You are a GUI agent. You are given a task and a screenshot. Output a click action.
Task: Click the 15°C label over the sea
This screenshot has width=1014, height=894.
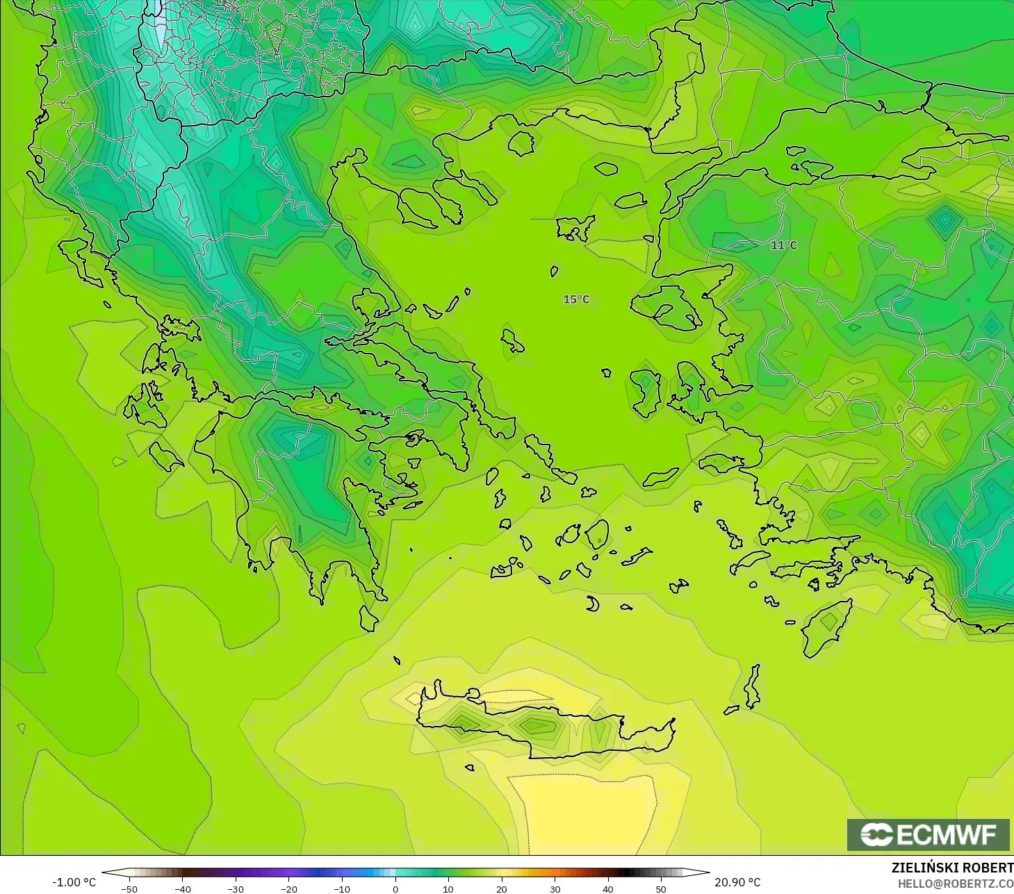(576, 299)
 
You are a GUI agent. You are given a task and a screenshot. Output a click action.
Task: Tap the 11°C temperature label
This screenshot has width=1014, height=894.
(784, 245)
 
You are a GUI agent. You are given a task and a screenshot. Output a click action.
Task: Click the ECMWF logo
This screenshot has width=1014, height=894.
(928, 834)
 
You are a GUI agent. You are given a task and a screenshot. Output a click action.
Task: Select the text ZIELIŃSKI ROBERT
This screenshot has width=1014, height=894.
(952, 868)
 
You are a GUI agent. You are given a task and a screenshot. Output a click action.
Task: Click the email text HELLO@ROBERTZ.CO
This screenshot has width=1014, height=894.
(955, 884)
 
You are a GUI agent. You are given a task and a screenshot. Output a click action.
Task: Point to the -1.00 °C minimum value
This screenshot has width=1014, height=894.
(74, 882)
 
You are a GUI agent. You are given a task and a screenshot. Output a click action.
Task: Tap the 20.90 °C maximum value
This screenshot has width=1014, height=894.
(737, 882)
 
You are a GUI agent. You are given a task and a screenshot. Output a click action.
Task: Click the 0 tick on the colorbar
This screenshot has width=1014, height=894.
(395, 888)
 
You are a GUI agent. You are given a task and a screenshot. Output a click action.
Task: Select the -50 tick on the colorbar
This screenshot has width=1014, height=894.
(129, 888)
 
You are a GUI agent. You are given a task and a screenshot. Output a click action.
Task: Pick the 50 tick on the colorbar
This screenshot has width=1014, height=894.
(660, 888)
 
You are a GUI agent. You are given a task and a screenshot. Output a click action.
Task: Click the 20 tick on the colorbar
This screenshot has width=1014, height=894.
(501, 888)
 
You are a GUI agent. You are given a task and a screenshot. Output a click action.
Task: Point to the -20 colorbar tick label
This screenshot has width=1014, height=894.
(288, 888)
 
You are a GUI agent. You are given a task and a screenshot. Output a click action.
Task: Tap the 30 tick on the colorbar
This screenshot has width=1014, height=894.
(555, 888)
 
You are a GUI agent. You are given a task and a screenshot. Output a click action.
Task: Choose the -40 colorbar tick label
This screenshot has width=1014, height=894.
(182, 888)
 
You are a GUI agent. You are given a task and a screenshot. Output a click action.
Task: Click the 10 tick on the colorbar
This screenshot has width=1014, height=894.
(448, 888)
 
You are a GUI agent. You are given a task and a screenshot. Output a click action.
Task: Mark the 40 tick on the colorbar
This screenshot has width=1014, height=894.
(607, 888)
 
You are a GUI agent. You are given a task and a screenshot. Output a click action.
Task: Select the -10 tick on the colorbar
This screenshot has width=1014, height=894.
(341, 888)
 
